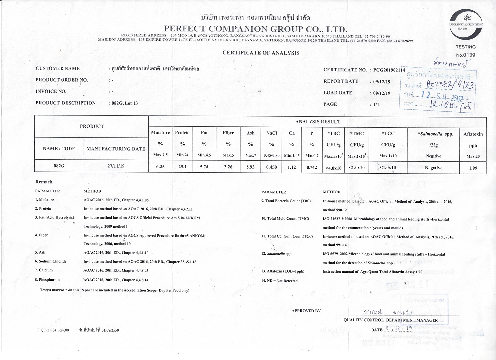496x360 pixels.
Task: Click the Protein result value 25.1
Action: [x=183, y=167]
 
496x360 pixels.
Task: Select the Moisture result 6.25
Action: [x=160, y=167]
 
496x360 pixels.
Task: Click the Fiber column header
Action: [x=228, y=133]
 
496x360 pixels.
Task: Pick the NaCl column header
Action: [x=271, y=133]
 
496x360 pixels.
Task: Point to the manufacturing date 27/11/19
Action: [x=116, y=167]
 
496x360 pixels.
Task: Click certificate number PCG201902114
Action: [x=389, y=70]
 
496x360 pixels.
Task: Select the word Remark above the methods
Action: [x=44, y=182]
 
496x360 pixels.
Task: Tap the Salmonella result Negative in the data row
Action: [x=434, y=168]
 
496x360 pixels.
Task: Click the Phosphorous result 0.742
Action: [x=311, y=167]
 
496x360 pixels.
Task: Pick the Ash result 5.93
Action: [x=251, y=167]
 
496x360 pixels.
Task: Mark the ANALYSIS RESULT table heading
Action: [x=317, y=121]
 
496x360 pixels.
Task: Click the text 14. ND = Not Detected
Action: [x=279, y=281]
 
